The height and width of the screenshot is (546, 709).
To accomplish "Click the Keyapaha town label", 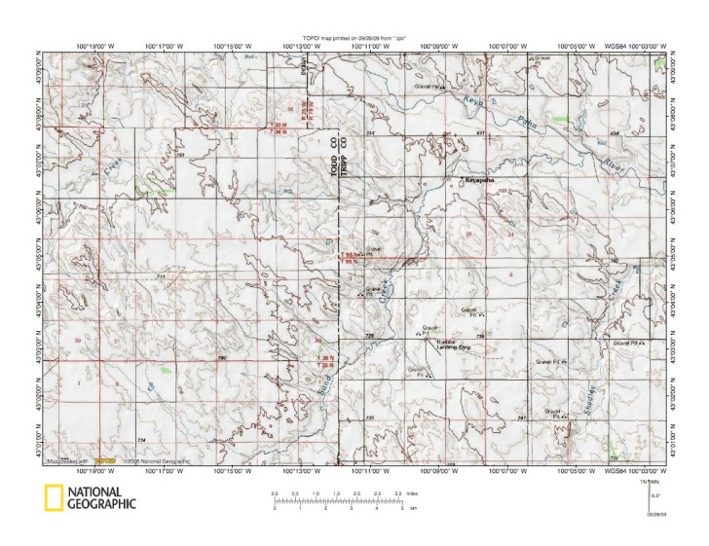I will [474, 181].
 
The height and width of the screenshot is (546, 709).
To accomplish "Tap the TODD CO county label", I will [333, 156].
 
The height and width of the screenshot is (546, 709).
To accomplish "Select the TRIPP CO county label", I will [343, 156].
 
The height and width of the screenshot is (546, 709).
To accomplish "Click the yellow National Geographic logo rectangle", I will [51, 496].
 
